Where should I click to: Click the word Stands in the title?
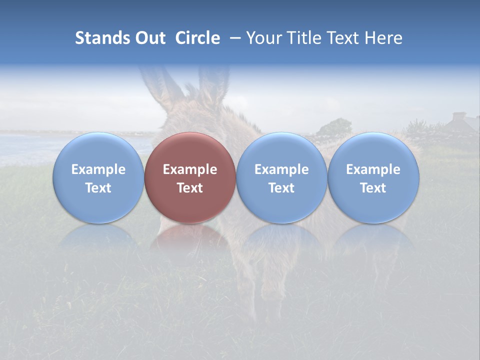pyautogui.click(x=95, y=38)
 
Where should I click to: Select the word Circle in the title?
pyautogui.click(x=197, y=38)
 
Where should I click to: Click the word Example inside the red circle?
pyautogui.click(x=189, y=169)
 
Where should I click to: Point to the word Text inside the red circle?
pyautogui.click(x=189, y=188)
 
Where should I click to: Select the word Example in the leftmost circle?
pyautogui.click(x=98, y=169)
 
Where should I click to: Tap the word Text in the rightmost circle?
pyautogui.click(x=373, y=188)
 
